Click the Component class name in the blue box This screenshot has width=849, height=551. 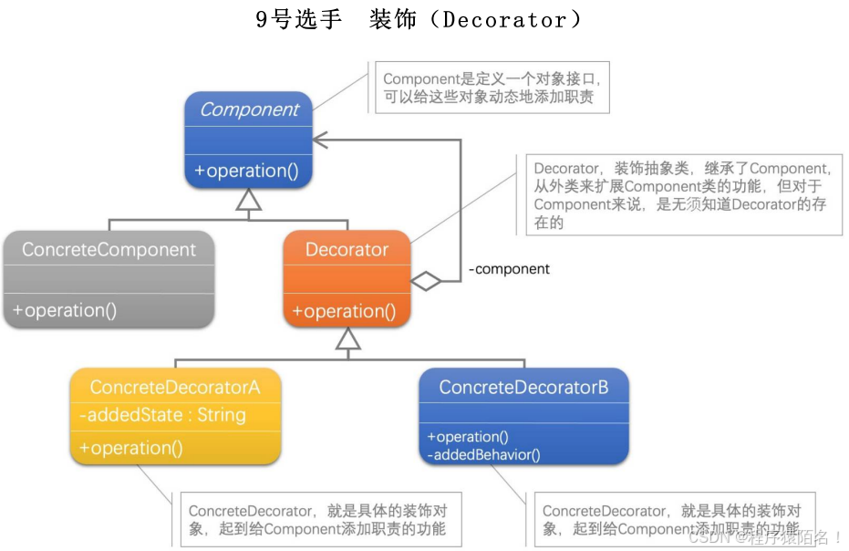(x=249, y=109)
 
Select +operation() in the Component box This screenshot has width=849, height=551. (x=247, y=171)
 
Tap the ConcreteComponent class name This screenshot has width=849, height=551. (x=109, y=249)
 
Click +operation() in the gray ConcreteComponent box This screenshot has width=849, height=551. (x=65, y=310)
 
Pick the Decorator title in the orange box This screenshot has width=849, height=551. (x=347, y=249)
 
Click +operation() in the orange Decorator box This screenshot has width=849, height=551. (x=345, y=311)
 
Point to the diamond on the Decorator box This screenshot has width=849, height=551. (x=426, y=281)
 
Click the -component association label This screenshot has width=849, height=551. (x=510, y=269)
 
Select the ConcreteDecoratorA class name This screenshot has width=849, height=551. (x=175, y=388)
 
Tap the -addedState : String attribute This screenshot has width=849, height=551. (x=162, y=415)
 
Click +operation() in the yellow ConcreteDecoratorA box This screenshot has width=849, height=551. (x=131, y=448)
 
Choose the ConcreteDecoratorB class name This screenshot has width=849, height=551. (x=523, y=388)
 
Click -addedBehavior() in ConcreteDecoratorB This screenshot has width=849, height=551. (x=482, y=453)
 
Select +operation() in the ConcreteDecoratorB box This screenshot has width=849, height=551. (x=467, y=437)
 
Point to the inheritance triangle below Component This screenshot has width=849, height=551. (x=248, y=202)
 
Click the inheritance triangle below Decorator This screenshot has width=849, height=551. (x=347, y=339)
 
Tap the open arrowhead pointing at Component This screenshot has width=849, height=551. (x=320, y=140)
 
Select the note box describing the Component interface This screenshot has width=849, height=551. (x=491, y=88)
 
